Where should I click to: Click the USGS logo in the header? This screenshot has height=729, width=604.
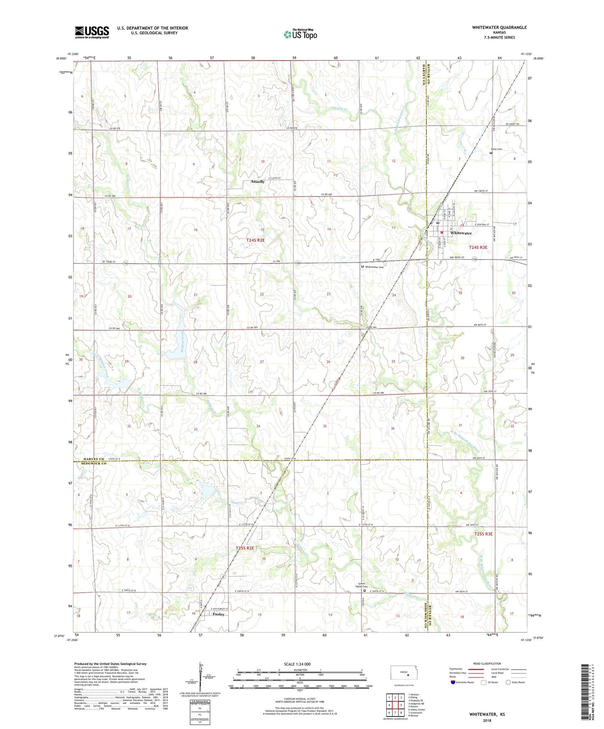92,32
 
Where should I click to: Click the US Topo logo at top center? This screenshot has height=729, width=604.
300,34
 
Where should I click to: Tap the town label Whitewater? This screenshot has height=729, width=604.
461,233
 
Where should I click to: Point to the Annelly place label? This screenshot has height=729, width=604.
257,182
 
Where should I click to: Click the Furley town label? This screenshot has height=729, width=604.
219,614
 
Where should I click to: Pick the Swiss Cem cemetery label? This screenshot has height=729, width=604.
496,149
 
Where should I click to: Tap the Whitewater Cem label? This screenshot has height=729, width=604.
374,267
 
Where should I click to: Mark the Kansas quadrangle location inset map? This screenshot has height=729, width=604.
403,673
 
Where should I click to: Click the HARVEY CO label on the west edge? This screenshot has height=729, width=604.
90,459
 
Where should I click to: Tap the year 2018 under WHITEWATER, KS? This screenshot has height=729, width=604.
487,720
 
